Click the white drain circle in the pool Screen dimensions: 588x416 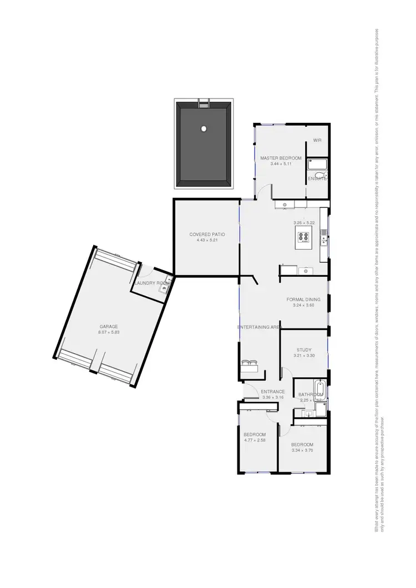click(204, 128)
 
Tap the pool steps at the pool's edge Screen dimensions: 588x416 click(204, 104)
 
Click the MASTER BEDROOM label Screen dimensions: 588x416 click(281, 158)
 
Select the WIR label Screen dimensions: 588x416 click(317, 140)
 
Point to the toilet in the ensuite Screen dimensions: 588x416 click(324, 176)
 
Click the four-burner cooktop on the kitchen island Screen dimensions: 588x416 click(303, 238)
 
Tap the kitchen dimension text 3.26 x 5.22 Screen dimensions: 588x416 click(304, 223)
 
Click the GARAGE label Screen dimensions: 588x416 click(109, 327)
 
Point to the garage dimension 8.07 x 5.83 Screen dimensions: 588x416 click(109, 332)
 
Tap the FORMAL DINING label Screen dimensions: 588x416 click(303, 300)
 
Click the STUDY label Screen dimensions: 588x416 click(303, 350)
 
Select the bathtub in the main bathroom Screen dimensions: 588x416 click(319, 387)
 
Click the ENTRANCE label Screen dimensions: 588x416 click(272, 391)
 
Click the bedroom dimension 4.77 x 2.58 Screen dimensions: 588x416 click(255, 440)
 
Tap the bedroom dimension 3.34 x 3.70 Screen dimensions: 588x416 click(302, 450)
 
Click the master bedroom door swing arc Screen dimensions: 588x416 click(266, 193)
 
